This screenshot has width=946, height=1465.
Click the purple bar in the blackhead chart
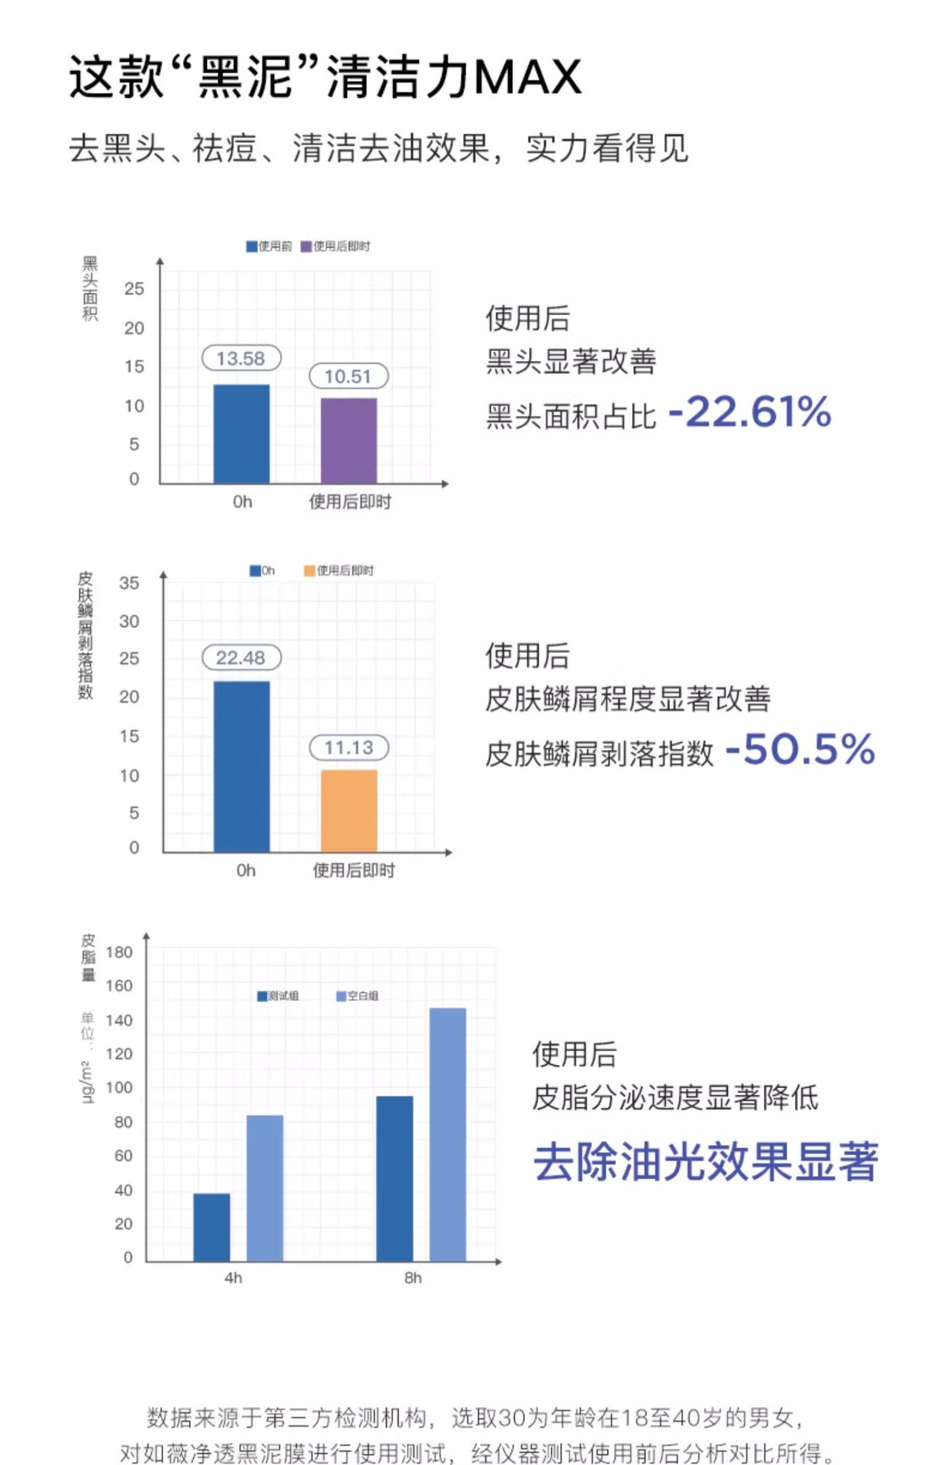point(349,440)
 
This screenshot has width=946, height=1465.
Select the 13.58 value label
point(241,358)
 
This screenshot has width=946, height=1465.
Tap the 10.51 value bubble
point(349,376)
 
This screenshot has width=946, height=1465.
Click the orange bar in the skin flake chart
point(349,810)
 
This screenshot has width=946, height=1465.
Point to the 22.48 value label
point(241,658)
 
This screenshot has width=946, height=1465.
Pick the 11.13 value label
point(349,747)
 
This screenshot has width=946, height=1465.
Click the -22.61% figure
point(750,412)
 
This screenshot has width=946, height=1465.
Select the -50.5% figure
point(800,749)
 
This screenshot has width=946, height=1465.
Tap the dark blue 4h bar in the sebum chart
point(211,1227)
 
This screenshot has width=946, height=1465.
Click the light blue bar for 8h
point(448,1134)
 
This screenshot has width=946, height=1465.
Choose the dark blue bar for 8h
point(394,1178)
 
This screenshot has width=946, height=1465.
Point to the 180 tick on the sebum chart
point(119,952)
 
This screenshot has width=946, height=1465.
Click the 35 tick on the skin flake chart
point(129,583)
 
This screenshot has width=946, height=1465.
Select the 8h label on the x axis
point(413,1277)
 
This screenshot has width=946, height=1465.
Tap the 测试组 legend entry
point(278,996)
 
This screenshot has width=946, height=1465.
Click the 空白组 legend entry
point(358,996)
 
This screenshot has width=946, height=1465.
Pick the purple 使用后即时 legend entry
point(336,246)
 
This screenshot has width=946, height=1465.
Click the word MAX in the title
point(527,77)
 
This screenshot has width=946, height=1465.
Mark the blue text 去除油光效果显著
point(705,1161)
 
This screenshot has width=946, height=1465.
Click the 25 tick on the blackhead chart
point(134,288)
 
